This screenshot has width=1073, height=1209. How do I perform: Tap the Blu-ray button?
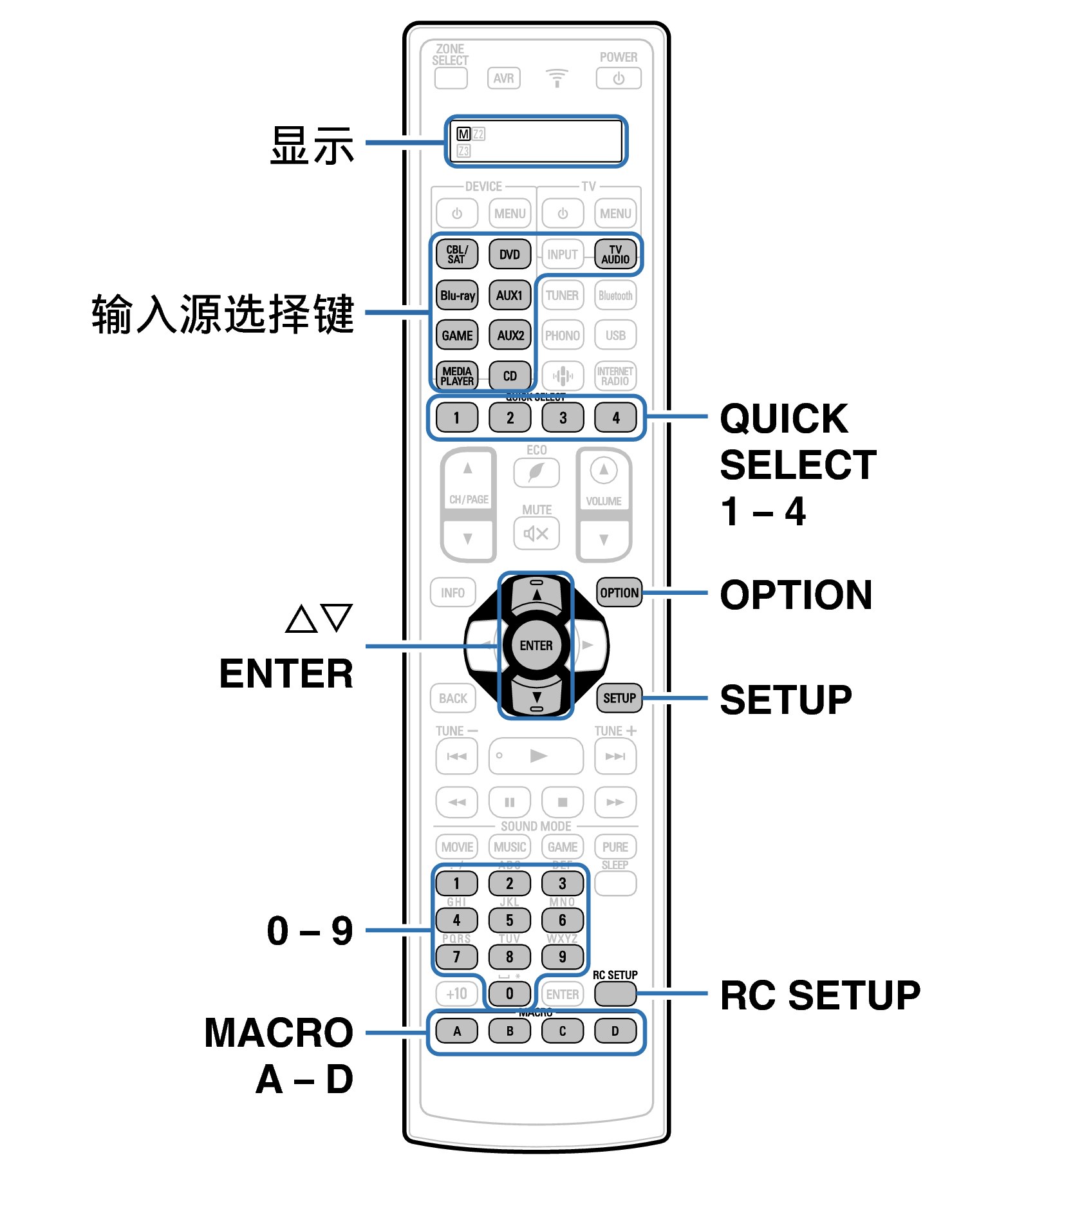tap(457, 295)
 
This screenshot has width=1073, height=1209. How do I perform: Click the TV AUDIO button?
tap(615, 254)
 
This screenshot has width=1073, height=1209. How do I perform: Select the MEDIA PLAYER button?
tap(457, 376)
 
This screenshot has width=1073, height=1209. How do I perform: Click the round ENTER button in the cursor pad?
tap(536, 645)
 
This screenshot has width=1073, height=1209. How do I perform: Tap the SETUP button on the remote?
tap(619, 698)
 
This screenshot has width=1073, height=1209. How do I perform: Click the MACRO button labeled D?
tap(615, 1031)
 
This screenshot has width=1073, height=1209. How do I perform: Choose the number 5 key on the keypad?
tap(509, 920)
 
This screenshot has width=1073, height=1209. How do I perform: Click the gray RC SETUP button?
tap(615, 993)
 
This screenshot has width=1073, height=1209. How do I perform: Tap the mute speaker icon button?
tap(536, 533)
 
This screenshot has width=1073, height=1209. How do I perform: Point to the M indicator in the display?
tap(463, 134)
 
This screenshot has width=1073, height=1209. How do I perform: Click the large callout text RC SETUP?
tap(820, 995)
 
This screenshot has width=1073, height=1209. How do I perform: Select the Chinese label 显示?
tap(312, 146)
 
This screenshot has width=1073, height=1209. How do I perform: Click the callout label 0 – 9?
tap(310, 931)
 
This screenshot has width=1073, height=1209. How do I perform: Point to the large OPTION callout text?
tap(796, 594)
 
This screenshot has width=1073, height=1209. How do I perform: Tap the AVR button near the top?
tap(503, 79)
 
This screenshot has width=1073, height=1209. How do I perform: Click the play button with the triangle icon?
tap(536, 756)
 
